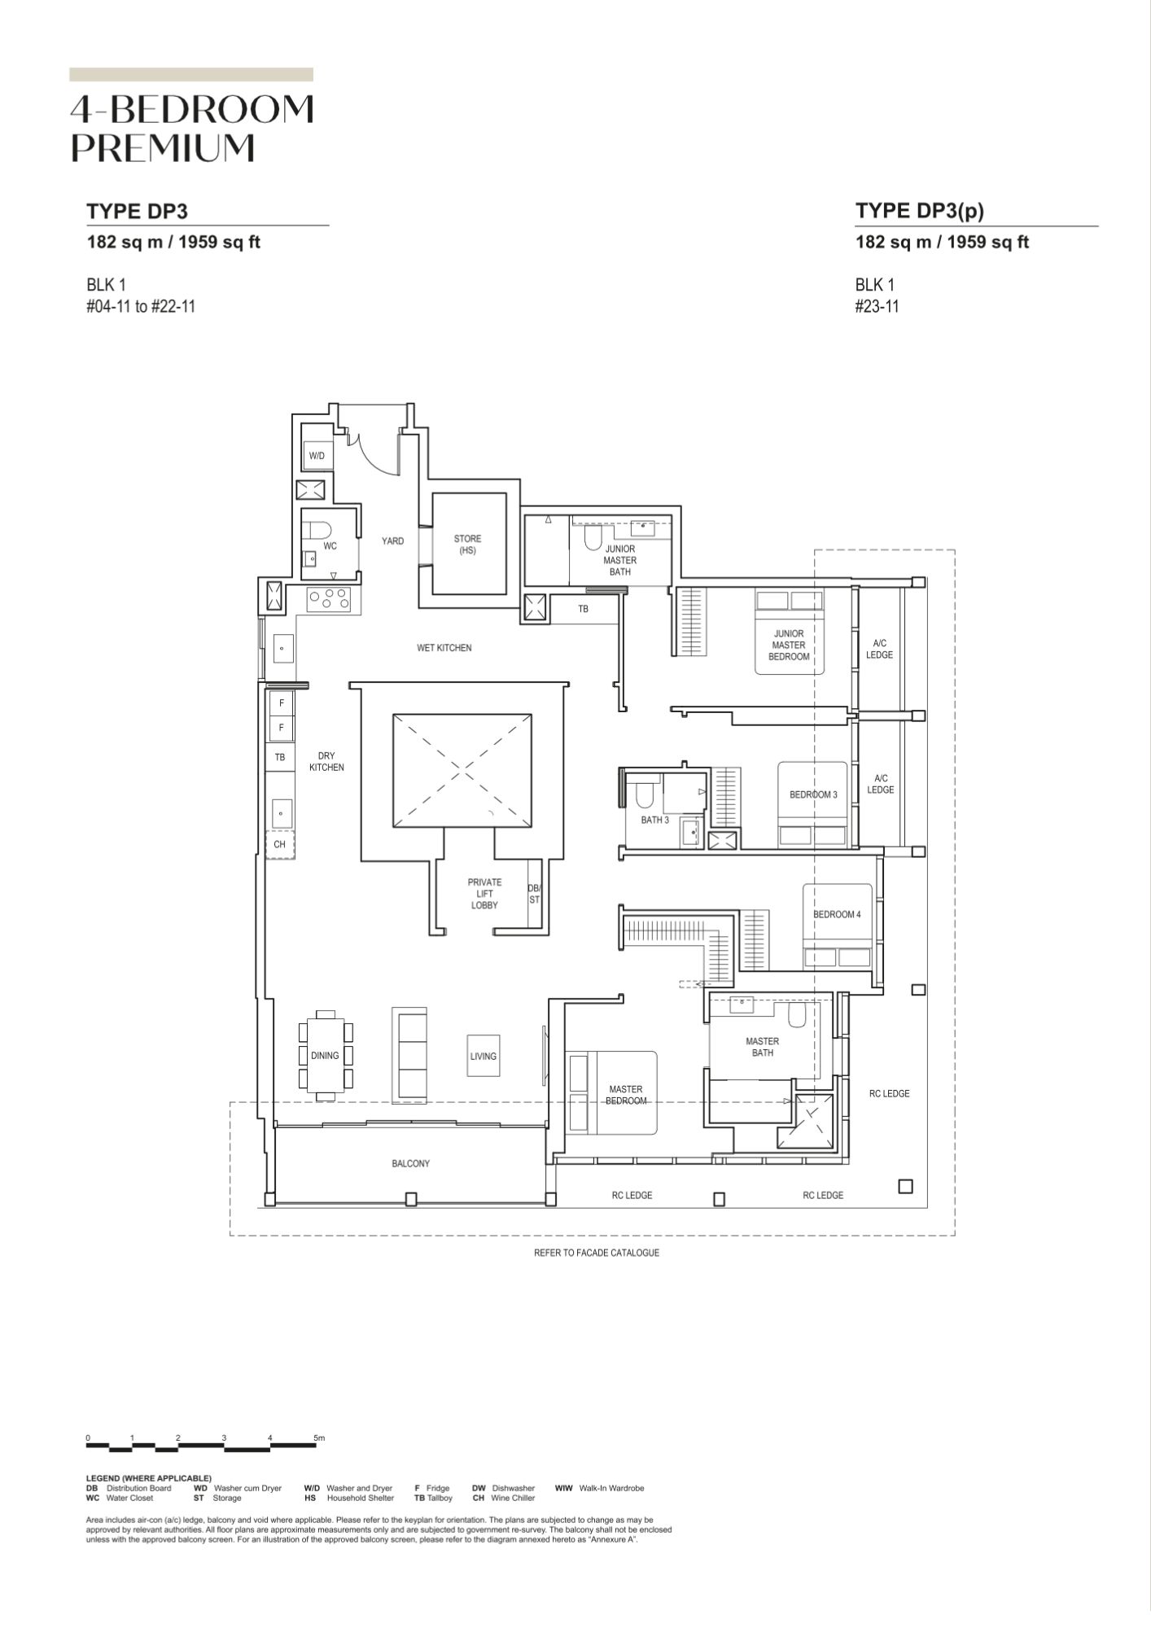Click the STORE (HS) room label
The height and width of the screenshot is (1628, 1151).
click(x=467, y=545)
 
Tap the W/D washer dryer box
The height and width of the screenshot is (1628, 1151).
click(x=317, y=456)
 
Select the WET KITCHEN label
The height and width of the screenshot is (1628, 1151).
click(x=444, y=648)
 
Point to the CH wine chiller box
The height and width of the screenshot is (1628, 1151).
click(x=279, y=844)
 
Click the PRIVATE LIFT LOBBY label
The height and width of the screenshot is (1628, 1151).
click(x=484, y=894)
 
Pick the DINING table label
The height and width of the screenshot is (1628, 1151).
click(x=325, y=1056)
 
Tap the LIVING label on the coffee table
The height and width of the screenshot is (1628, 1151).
click(x=483, y=1057)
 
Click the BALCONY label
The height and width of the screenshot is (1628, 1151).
click(x=410, y=1163)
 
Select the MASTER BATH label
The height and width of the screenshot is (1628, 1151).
click(x=762, y=1047)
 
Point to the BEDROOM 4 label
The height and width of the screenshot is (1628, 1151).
click(x=837, y=914)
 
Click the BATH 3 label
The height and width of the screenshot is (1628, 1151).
click(x=654, y=820)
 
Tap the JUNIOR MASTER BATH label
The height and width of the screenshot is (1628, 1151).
click(x=620, y=560)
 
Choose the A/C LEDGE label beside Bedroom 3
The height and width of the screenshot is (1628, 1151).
click(x=880, y=784)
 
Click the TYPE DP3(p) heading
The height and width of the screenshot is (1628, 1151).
click(x=920, y=211)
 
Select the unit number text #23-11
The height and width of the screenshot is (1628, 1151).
click(x=877, y=307)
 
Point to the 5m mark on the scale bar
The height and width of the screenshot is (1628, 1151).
click(x=319, y=1438)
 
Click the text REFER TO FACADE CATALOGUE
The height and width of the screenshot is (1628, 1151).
click(x=597, y=1253)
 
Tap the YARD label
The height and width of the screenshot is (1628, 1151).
click(x=392, y=540)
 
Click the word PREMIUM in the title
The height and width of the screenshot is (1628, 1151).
click(x=163, y=147)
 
